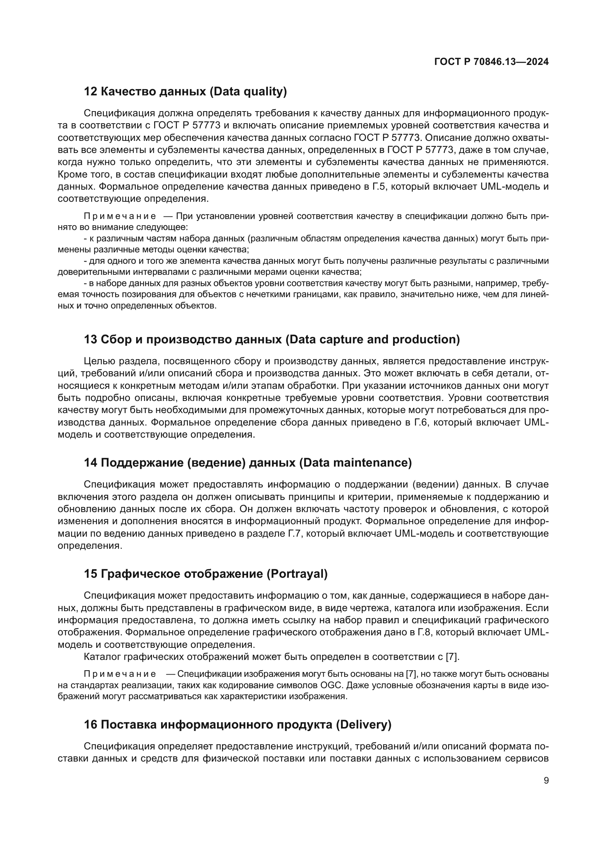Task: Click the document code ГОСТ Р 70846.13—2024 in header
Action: click(491, 62)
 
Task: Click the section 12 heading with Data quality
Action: click(185, 91)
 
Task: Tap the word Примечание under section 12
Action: click(120, 216)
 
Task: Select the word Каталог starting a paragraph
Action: click(102, 657)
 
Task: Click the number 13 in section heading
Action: click(90, 339)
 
